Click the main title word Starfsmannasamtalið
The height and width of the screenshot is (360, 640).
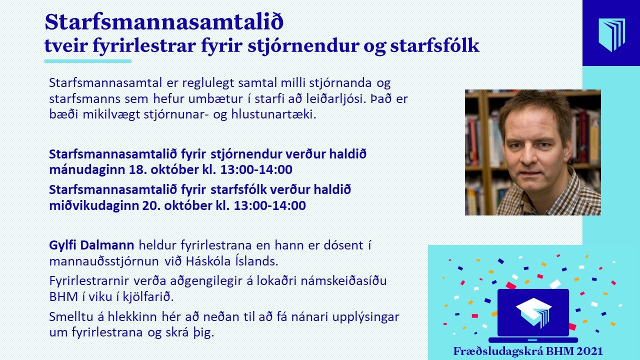pyautogui.click(x=164, y=22)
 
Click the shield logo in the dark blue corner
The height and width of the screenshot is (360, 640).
pyautogui.click(x=611, y=35)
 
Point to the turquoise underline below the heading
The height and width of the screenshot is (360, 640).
pyautogui.click(x=87, y=61)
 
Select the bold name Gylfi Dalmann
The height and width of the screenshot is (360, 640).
pyautogui.click(x=91, y=245)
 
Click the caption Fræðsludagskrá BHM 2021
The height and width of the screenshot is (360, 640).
pyautogui.click(x=528, y=351)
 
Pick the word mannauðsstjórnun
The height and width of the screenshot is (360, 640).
pyautogui.click(x=104, y=261)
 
